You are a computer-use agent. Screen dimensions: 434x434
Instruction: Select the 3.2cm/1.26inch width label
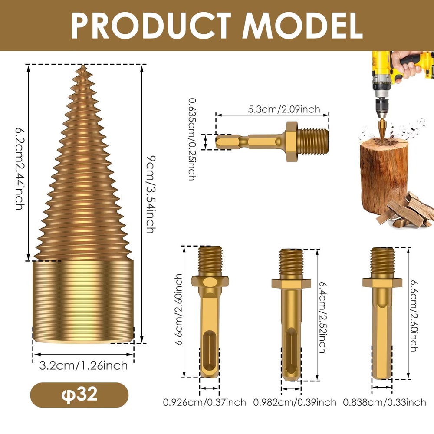[84, 365]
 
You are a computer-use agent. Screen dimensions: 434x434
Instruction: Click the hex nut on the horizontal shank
[291, 141]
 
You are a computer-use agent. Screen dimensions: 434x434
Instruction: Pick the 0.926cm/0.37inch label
[204, 403]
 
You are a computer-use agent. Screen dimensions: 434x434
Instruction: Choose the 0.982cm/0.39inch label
[295, 403]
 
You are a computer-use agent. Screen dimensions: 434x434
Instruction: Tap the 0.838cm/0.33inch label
[385, 403]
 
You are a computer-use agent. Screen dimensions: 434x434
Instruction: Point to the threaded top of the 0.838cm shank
[381, 260]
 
